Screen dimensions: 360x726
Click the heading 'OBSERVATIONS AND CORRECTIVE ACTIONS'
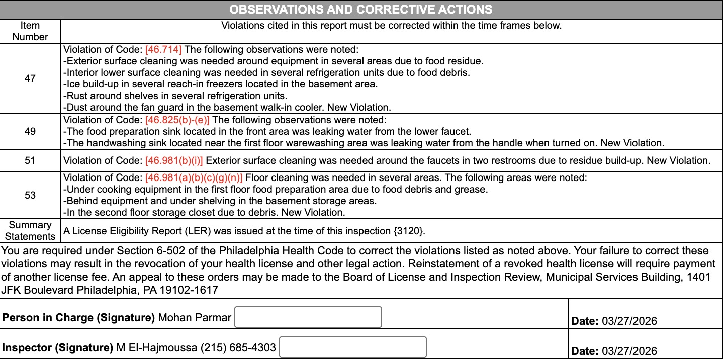[360, 10]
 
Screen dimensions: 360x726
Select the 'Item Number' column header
[30, 31]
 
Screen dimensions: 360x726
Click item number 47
[30, 78]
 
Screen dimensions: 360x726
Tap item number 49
[30, 131]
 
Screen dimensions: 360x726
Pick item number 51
[30, 161]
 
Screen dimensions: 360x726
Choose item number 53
[30, 195]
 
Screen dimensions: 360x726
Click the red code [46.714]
[163, 50]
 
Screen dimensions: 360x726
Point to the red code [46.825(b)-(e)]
[177, 120]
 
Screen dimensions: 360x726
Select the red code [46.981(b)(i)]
[174, 161]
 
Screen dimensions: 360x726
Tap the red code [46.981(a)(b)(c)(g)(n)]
[194, 178]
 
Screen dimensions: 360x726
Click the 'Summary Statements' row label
[30, 231]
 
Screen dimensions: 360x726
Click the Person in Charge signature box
[308, 317]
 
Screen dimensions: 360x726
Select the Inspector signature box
[352, 347]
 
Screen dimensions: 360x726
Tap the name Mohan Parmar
[195, 318]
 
